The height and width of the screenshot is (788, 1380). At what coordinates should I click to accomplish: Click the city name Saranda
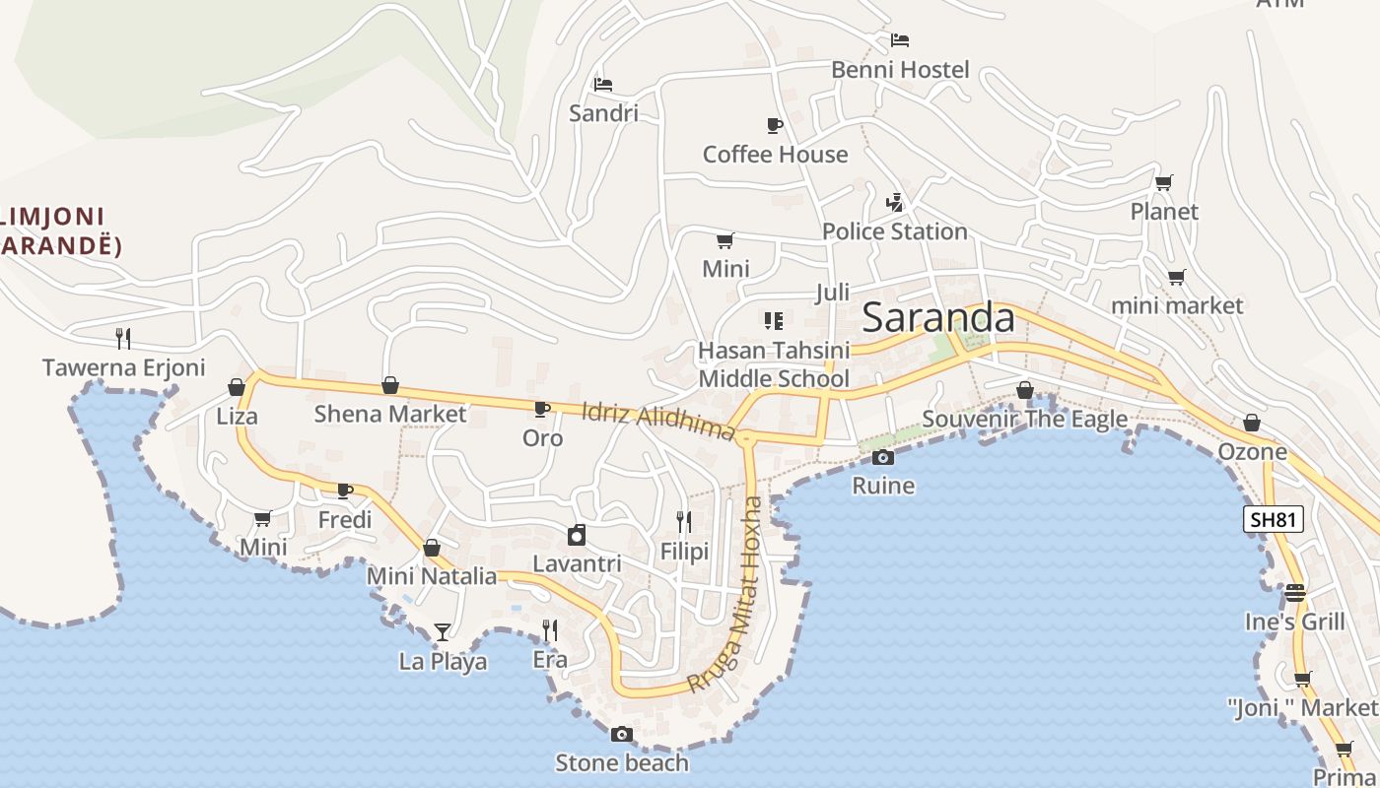pyautogui.click(x=937, y=318)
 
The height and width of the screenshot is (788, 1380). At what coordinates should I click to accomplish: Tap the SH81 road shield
pyautogui.click(x=1273, y=519)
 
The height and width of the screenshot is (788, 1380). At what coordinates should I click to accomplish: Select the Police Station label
pyautogui.click(x=894, y=231)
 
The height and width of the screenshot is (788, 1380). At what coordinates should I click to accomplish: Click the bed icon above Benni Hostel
pyautogui.click(x=899, y=40)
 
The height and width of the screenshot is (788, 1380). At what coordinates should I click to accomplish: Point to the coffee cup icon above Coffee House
pyautogui.click(x=775, y=125)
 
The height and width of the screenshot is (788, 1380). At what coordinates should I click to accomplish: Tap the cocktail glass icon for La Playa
pyautogui.click(x=443, y=631)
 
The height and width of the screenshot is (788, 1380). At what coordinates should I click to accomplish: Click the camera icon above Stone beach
pyautogui.click(x=621, y=734)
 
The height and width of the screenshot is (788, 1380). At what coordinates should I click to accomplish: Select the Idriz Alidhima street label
pyautogui.click(x=658, y=421)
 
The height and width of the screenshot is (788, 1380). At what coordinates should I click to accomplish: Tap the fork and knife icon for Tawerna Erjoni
pyautogui.click(x=123, y=338)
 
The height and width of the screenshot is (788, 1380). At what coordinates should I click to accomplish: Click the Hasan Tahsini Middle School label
pyautogui.click(x=774, y=364)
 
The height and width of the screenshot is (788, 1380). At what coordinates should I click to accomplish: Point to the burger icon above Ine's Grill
pyautogui.click(x=1294, y=592)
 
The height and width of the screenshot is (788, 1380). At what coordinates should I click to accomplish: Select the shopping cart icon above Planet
pyautogui.click(x=1164, y=182)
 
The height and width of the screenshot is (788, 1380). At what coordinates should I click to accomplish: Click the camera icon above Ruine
pyautogui.click(x=883, y=457)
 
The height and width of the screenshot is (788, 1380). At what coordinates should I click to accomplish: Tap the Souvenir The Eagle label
pyautogui.click(x=1024, y=420)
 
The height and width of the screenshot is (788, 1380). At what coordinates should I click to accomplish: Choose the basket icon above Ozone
pyautogui.click(x=1252, y=423)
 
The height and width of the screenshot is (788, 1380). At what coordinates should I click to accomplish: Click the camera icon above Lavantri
pyautogui.click(x=577, y=535)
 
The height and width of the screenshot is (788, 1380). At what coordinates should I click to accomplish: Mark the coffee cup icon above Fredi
pyautogui.click(x=345, y=491)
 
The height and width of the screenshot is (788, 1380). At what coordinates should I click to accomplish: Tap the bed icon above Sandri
pyautogui.click(x=603, y=84)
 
